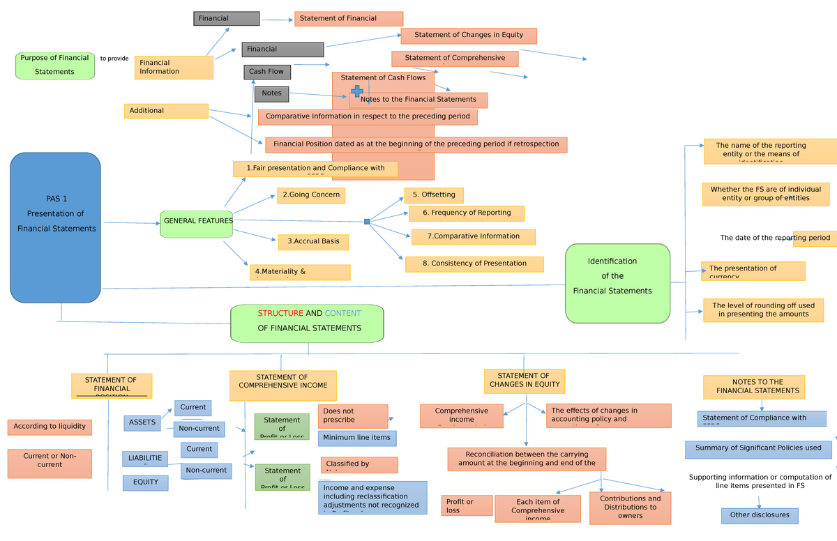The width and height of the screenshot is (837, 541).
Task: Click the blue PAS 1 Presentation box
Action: [x=55, y=227]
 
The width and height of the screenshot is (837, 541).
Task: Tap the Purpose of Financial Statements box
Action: [x=54, y=66]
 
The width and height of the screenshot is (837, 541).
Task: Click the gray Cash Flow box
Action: [x=267, y=72]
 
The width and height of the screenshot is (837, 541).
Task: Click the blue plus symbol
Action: [x=357, y=91]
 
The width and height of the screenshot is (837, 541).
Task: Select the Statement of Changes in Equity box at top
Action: [x=468, y=36]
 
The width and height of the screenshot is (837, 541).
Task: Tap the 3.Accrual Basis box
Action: [x=313, y=242]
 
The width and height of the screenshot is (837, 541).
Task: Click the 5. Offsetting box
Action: [x=434, y=195]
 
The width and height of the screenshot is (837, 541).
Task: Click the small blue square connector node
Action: [x=367, y=222]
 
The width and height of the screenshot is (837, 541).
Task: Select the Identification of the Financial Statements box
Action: [x=617, y=283]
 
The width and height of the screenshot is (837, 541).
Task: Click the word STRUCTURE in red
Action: [x=280, y=314]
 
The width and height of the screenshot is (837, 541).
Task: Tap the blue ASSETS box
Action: [x=142, y=422]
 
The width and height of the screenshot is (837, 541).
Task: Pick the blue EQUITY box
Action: [x=145, y=482]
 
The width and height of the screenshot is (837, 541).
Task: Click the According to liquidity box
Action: [x=50, y=427]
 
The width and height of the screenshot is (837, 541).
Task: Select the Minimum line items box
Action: [x=358, y=438]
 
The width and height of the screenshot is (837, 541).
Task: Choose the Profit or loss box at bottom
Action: [x=467, y=505]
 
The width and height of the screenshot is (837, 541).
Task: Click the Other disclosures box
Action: [x=760, y=515]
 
